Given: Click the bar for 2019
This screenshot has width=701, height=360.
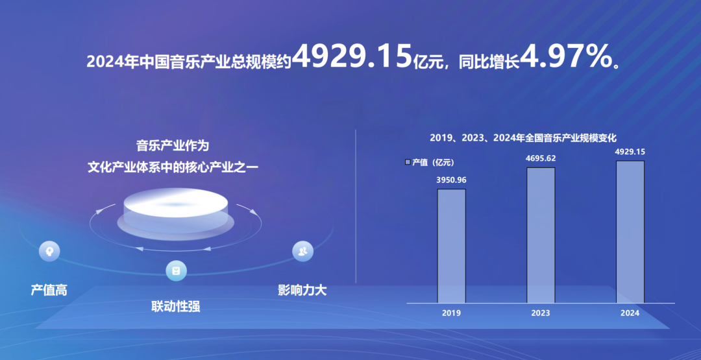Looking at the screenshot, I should pyautogui.click(x=451, y=246).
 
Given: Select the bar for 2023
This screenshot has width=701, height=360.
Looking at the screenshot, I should pyautogui.click(x=541, y=235).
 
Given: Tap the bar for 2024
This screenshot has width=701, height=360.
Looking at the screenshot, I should pyautogui.click(x=630, y=232).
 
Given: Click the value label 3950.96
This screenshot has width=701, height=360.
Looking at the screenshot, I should pyautogui.click(x=451, y=180).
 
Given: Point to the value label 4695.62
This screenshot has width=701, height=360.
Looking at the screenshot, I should pyautogui.click(x=541, y=158).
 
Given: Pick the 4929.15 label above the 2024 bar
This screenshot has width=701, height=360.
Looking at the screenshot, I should pyautogui.click(x=630, y=152).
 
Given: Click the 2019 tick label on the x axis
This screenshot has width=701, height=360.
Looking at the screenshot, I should pyautogui.click(x=451, y=313).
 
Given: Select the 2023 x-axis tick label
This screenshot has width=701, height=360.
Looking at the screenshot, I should pyautogui.click(x=540, y=313).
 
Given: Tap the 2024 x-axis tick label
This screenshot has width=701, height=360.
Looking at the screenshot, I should pyautogui.click(x=630, y=313).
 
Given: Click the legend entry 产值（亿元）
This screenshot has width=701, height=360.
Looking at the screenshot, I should pyautogui.click(x=429, y=162).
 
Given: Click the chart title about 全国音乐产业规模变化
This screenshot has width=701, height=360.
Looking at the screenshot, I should pyautogui.click(x=523, y=138).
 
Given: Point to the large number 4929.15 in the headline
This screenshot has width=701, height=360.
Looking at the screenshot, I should pyautogui.click(x=352, y=58).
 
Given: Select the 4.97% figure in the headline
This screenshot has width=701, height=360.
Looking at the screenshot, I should pyautogui.click(x=567, y=58).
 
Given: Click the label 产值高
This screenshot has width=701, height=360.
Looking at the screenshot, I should pyautogui.click(x=49, y=290).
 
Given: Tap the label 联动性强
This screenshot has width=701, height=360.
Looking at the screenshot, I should pyautogui.click(x=176, y=306).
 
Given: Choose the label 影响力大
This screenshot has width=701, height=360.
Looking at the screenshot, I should pyautogui.click(x=302, y=290).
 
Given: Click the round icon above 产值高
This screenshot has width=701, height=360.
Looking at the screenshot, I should pyautogui.click(x=49, y=250).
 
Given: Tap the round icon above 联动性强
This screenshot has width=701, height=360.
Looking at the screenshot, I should pyautogui.click(x=176, y=270).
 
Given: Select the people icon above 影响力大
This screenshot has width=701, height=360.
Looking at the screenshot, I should pyautogui.click(x=302, y=251).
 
